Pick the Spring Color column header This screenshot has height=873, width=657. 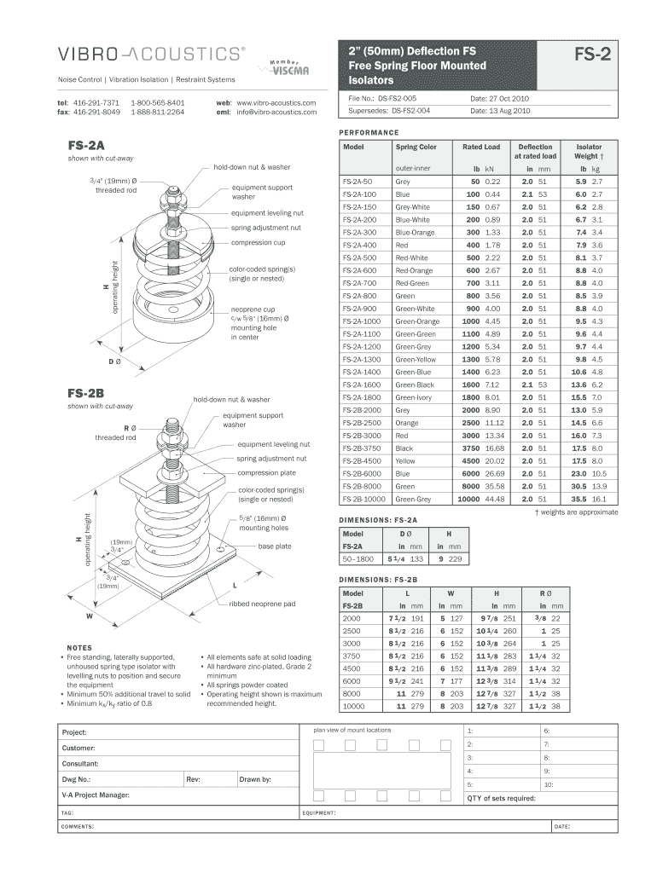(416, 147)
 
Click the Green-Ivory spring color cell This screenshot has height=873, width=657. (415, 397)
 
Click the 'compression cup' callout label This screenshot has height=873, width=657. (258, 243)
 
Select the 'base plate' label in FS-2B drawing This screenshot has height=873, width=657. (275, 546)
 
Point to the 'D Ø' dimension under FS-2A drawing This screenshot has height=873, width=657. (113, 362)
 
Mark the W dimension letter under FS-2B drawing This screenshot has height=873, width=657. (88, 615)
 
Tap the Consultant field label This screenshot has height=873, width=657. (80, 764)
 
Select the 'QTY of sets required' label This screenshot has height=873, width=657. (501, 798)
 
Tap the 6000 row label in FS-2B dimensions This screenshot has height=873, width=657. (351, 681)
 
